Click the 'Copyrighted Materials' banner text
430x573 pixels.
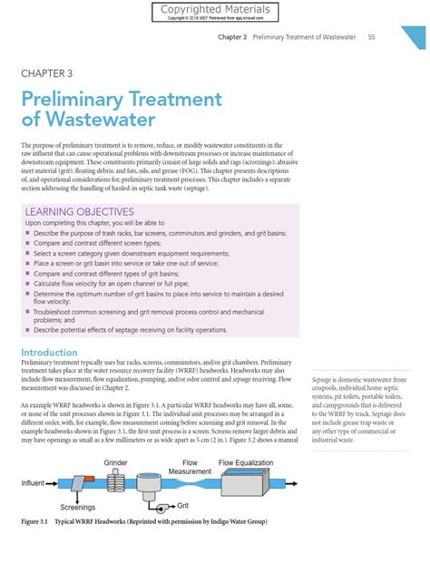[215, 9]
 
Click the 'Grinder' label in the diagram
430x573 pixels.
[115, 462]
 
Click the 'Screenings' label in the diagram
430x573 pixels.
[72, 507]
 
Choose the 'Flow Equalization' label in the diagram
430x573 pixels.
[250, 462]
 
